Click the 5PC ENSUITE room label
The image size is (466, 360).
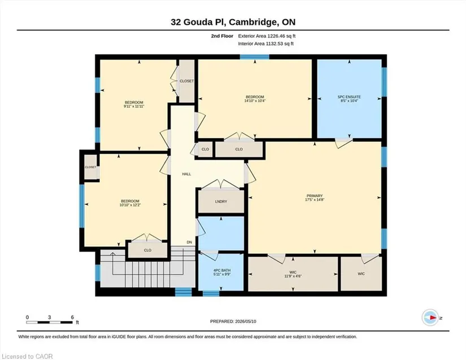click(x=349, y=96)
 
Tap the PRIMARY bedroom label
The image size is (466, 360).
click(x=315, y=196)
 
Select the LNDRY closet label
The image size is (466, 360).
click(x=221, y=201)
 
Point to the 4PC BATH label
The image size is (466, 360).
click(x=222, y=270)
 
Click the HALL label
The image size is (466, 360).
click(x=186, y=174)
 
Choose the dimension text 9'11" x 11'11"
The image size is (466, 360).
click(x=134, y=106)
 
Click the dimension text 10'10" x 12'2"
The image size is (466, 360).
click(x=130, y=205)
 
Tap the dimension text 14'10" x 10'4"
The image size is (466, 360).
click(x=255, y=100)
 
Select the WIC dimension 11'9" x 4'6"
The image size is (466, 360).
click(x=293, y=276)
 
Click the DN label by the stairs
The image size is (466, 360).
click(x=189, y=242)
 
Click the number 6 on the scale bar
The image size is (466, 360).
click(x=72, y=317)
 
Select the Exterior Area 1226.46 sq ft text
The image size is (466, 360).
click(x=267, y=36)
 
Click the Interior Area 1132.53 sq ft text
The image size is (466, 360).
click(x=265, y=43)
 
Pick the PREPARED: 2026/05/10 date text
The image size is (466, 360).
click(x=233, y=321)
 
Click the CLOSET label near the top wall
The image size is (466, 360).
click(x=186, y=81)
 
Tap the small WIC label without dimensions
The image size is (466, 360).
click(x=361, y=274)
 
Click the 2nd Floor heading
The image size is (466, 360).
click(x=222, y=36)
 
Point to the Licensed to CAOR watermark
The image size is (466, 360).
click(x=27, y=356)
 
